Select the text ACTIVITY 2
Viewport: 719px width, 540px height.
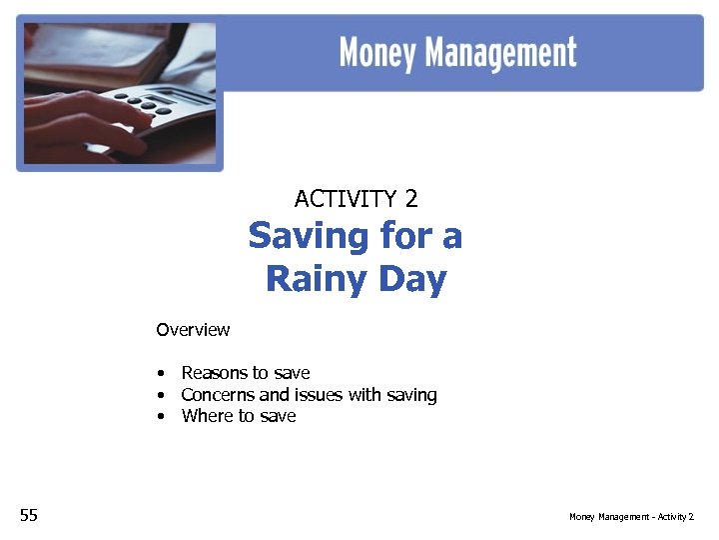pyautogui.click(x=356, y=199)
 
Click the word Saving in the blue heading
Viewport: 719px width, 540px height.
pyautogui.click(x=303, y=237)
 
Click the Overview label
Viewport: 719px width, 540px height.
pyautogui.click(x=193, y=330)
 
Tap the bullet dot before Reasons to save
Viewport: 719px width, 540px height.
pyautogui.click(x=160, y=374)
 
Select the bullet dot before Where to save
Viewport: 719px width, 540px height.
pyautogui.click(x=160, y=417)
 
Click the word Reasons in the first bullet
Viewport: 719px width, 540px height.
pyautogui.click(x=213, y=373)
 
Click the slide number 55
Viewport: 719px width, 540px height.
pyautogui.click(x=29, y=515)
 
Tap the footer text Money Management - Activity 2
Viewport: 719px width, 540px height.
pyautogui.click(x=631, y=516)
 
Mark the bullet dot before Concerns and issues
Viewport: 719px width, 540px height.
pyautogui.click(x=160, y=396)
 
